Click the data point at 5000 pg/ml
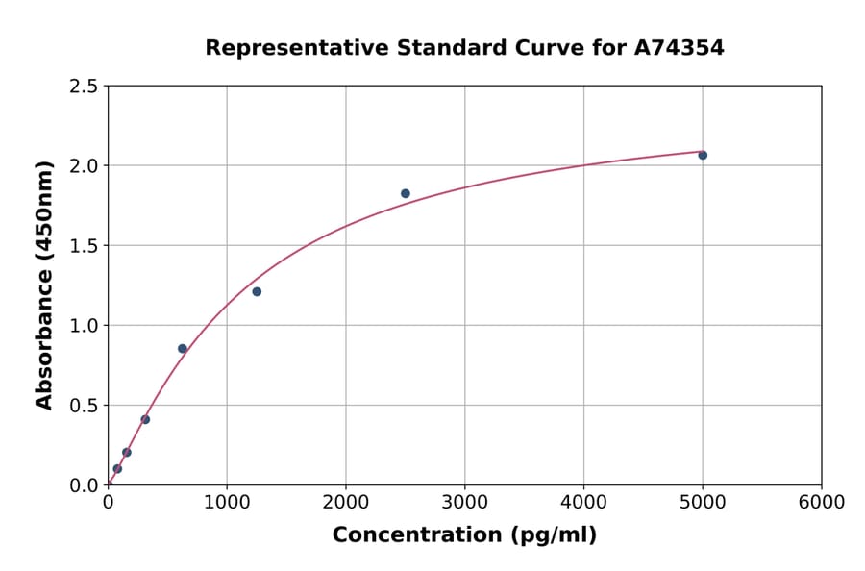click(x=703, y=155)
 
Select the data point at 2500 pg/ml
click(x=406, y=193)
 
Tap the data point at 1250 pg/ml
click(x=257, y=291)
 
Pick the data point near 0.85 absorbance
click(x=183, y=349)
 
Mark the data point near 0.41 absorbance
click(x=145, y=419)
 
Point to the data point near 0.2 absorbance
click(x=127, y=452)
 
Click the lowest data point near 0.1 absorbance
click(x=117, y=469)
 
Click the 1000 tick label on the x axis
click(x=227, y=503)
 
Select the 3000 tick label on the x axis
click(x=464, y=503)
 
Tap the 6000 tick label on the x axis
click(x=821, y=503)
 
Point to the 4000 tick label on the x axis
click(x=583, y=503)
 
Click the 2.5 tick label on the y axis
click(x=84, y=87)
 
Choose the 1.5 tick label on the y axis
click(x=84, y=246)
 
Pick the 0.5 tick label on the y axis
click(x=84, y=406)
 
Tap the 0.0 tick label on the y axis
click(x=84, y=485)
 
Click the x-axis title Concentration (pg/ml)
click(x=464, y=535)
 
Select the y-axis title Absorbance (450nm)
click(x=44, y=285)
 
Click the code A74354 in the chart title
click(x=680, y=48)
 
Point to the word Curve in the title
click(x=520, y=48)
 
